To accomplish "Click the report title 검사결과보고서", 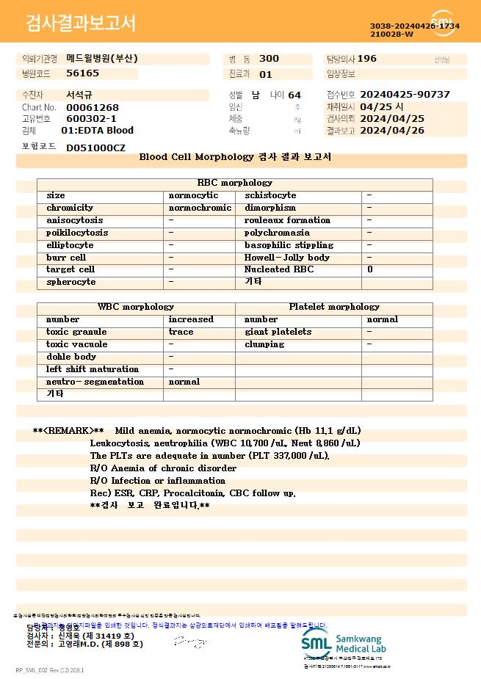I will (81, 23).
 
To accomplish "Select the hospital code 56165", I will (82, 73).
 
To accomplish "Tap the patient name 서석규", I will (80, 95).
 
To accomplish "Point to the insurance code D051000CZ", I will (95, 148).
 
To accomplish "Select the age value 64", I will (294, 95).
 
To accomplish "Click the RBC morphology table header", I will (235, 183).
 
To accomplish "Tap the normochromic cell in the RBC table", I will (200, 208).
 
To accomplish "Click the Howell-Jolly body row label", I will (287, 258).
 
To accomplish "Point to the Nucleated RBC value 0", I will (370, 269).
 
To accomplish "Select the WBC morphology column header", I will (136, 307).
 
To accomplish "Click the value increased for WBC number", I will (191, 319).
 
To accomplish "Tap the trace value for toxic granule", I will (181, 332).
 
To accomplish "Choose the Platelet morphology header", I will (334, 307).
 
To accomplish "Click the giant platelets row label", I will (278, 332).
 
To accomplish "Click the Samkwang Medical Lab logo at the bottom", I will (344, 644).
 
